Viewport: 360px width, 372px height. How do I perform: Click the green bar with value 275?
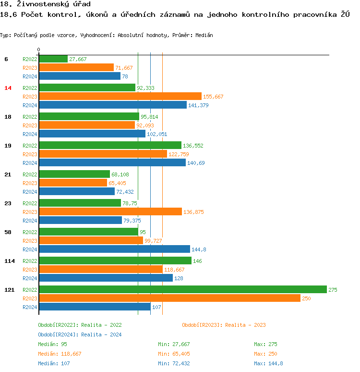(182, 289)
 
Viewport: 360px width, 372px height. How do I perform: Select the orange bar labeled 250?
(169, 298)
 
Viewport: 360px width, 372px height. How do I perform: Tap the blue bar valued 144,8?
(114, 249)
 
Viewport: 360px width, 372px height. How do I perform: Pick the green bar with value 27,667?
(53, 59)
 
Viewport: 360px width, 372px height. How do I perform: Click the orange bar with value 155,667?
(120, 96)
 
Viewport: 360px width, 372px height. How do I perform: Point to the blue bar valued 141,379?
(113, 105)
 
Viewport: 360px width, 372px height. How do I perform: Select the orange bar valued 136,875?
(110, 211)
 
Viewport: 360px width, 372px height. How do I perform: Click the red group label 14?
(8, 88)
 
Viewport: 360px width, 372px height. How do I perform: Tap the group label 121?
(9, 290)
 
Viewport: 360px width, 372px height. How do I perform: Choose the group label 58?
(8, 232)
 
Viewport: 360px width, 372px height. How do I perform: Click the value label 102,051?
(157, 134)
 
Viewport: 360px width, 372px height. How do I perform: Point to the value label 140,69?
(196, 163)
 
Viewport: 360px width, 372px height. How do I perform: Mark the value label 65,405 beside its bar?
(117, 183)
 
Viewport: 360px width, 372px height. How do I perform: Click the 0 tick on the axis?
(38, 50)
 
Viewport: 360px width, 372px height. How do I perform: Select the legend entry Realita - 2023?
(224, 325)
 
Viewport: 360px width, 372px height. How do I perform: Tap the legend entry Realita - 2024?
(80, 335)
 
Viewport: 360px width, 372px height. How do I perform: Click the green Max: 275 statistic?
(265, 344)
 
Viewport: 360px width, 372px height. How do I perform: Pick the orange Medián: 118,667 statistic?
(60, 354)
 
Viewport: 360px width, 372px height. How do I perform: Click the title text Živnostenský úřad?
(49, 4)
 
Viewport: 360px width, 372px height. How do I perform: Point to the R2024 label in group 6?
(30, 76)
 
